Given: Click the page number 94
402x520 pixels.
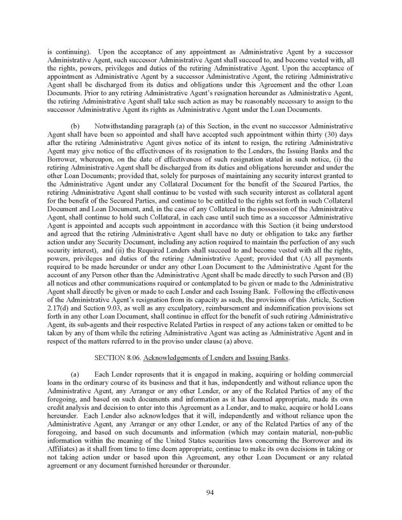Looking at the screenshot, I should click(201, 494).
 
